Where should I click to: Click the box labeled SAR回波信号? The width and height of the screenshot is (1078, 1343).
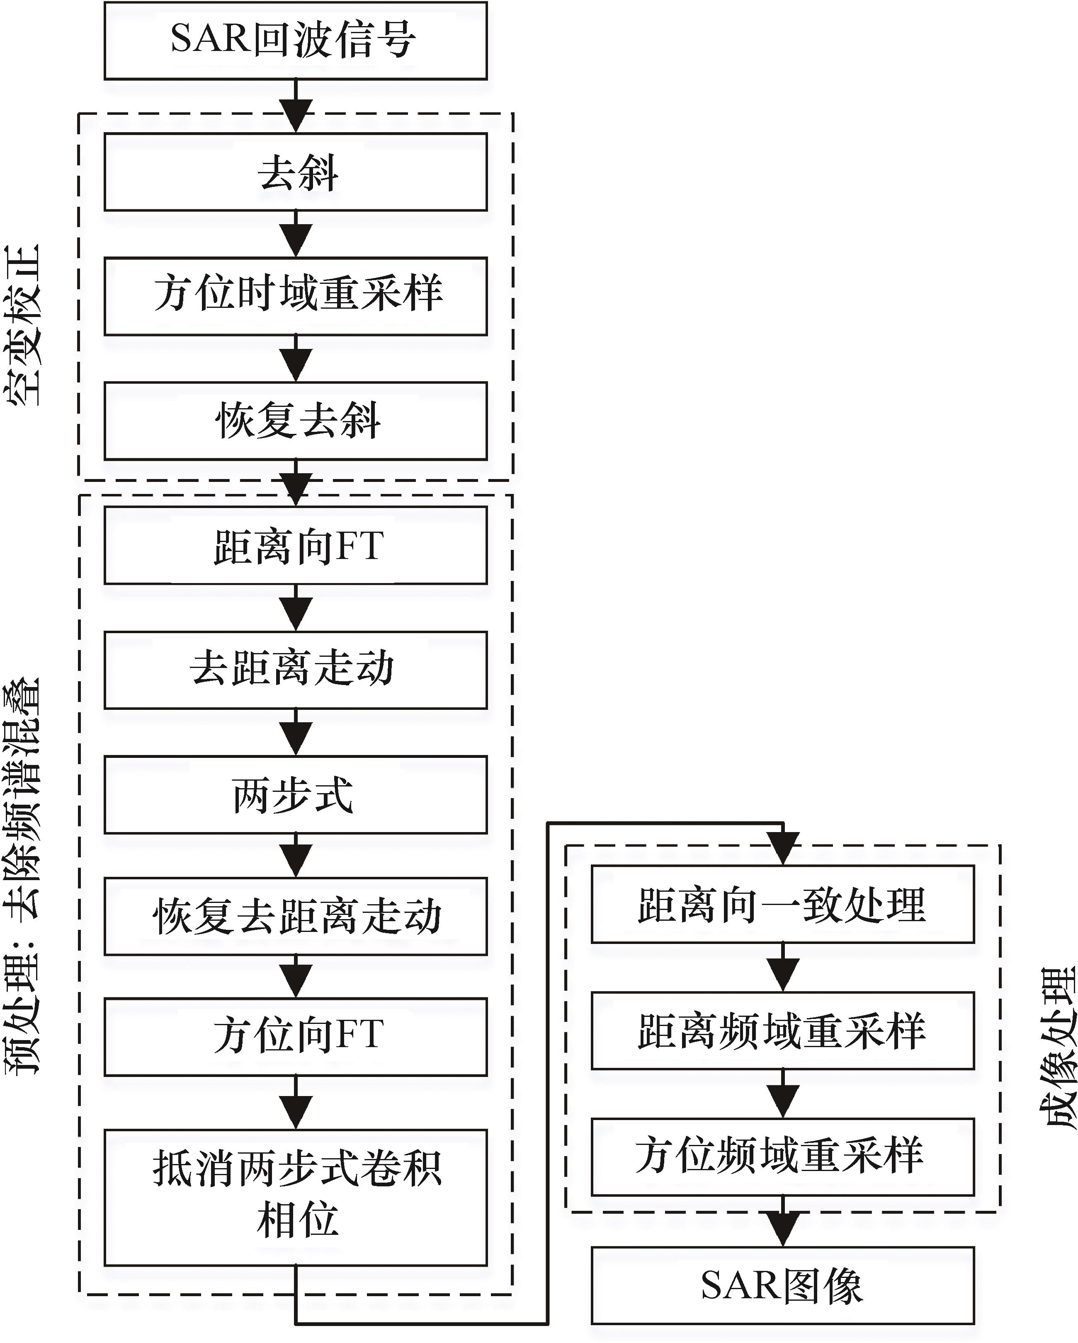point(295,41)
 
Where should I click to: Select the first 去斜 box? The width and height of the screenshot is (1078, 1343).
point(295,172)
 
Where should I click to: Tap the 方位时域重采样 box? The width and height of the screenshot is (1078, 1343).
point(295,296)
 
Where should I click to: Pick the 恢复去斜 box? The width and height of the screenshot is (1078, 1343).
point(295,421)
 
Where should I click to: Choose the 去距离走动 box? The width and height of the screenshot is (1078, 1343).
point(295,670)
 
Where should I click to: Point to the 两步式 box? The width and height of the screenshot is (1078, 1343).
point(295,794)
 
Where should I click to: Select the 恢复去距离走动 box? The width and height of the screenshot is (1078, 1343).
point(295,916)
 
